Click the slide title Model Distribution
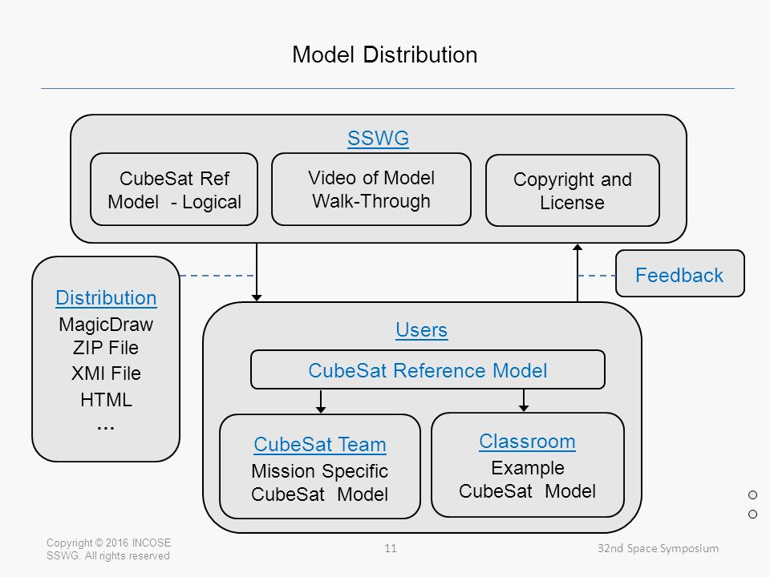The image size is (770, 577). [x=384, y=54]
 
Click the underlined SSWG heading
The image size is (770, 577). [x=378, y=138]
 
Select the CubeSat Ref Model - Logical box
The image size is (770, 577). [x=174, y=189]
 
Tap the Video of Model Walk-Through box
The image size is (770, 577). [x=371, y=189]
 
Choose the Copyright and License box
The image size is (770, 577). [x=573, y=191]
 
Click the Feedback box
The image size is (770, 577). [x=680, y=274]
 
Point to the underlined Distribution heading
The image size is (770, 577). [x=106, y=298]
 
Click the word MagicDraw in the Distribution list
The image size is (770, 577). [x=106, y=325]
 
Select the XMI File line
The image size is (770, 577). [x=106, y=373]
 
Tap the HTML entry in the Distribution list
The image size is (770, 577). [x=106, y=399]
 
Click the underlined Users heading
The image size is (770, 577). [x=421, y=329]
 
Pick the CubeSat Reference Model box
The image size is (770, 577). [x=428, y=369]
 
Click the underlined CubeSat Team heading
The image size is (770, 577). [x=320, y=445]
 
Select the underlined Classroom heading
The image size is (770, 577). [x=528, y=442]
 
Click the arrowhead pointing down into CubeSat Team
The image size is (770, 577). [x=321, y=410]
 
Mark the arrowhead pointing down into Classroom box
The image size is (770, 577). [x=524, y=408]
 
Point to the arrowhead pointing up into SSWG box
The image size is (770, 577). [x=577, y=248]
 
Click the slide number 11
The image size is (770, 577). [x=391, y=548]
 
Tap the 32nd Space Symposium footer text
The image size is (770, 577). [x=658, y=548]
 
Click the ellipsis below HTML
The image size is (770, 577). [x=106, y=428]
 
